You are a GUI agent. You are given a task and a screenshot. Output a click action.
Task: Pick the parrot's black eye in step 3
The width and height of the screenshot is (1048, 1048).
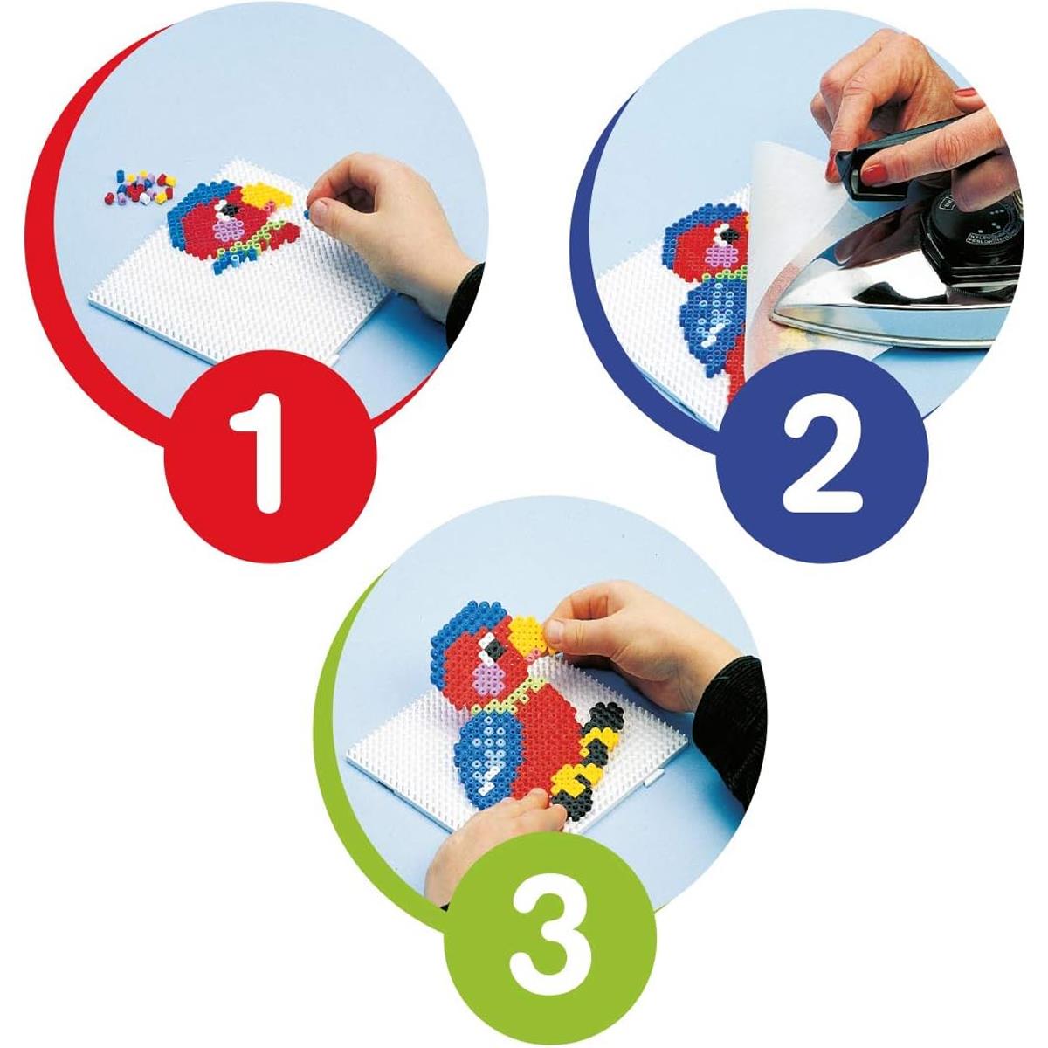pyautogui.click(x=496, y=646)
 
